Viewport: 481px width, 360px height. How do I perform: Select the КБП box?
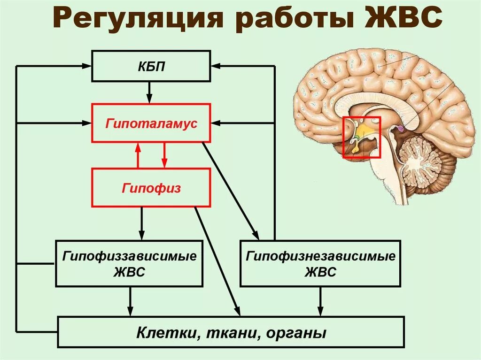pyautogui.click(x=151, y=66)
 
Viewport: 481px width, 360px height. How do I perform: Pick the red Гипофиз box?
pyautogui.click(x=151, y=188)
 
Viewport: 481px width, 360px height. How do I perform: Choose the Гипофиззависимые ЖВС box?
pyautogui.click(x=129, y=264)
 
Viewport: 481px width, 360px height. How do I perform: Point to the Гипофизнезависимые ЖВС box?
pyautogui.click(x=320, y=264)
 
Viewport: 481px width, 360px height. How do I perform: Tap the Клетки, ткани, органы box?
pyautogui.click(x=231, y=332)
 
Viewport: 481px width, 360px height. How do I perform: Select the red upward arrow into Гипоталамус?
pyautogui.click(x=138, y=155)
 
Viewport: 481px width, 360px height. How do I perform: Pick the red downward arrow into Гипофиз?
pyautogui.click(x=164, y=155)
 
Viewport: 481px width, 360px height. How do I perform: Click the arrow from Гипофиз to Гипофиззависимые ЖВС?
pyautogui.click(x=141, y=223)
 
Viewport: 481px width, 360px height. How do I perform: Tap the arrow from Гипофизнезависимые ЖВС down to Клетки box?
pyautogui.click(x=321, y=301)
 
